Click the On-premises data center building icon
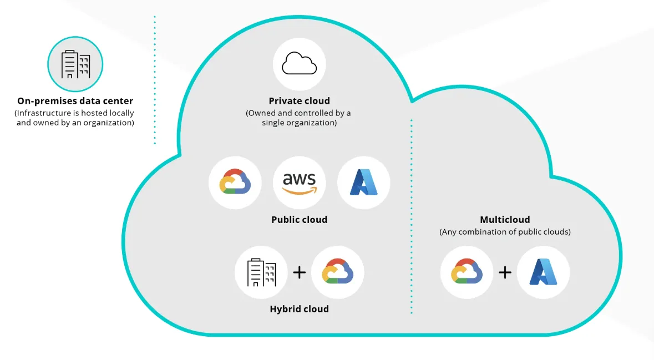[x=75, y=64]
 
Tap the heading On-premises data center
[x=75, y=101]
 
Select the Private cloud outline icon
[x=300, y=64]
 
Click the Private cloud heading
[x=300, y=101]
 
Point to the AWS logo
[x=300, y=183]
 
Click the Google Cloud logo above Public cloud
[x=235, y=182]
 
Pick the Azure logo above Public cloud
[x=364, y=182]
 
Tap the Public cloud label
[x=300, y=220]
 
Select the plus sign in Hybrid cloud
[x=300, y=272]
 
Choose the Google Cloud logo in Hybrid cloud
[x=338, y=272]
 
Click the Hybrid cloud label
[x=300, y=309]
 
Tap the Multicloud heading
[x=505, y=220]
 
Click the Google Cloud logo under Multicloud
[x=467, y=272]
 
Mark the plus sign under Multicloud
[x=505, y=272]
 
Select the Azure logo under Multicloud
[x=543, y=272]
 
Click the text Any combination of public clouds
[x=505, y=232]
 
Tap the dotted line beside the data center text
[x=155, y=80]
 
